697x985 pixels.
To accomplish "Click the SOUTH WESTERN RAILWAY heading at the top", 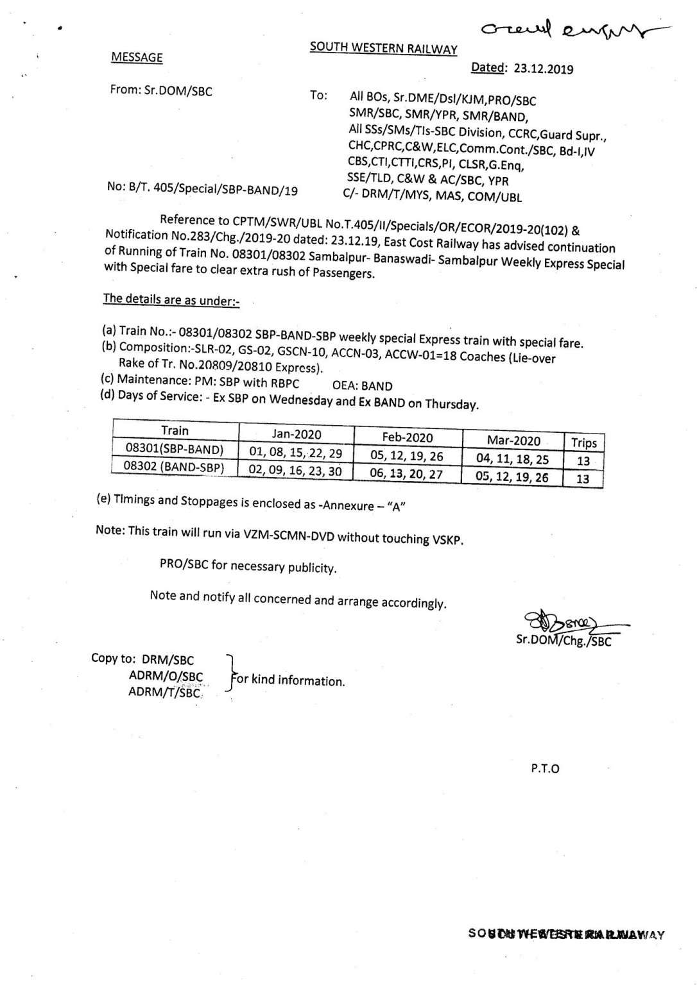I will pyautogui.click(x=383, y=48).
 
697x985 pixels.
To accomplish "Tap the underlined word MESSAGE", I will pyautogui.click(x=137, y=57).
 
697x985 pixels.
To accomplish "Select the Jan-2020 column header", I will pyautogui.click(x=296, y=434).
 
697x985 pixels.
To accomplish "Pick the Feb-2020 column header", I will pyautogui.click(x=407, y=437).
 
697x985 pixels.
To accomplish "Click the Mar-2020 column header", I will pyautogui.click(x=513, y=441).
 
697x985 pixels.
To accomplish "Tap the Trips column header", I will pyautogui.click(x=583, y=442).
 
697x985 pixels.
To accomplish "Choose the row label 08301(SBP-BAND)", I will pyautogui.click(x=174, y=448).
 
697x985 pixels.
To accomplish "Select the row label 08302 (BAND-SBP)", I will pyautogui.click(x=173, y=466).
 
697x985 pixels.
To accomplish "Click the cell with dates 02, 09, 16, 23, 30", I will pyautogui.click(x=296, y=471).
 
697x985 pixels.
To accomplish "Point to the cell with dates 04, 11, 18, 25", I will pyautogui.click(x=512, y=459).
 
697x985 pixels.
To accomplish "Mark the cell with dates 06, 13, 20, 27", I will pyautogui.click(x=407, y=474).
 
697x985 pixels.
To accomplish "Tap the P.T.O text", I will pyautogui.click(x=545, y=768).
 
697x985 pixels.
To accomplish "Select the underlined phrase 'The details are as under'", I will pyautogui.click(x=171, y=299).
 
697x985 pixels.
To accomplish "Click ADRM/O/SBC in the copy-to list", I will pyautogui.click(x=166, y=676).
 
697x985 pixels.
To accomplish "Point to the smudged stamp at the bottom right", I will pyautogui.click(x=565, y=934).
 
